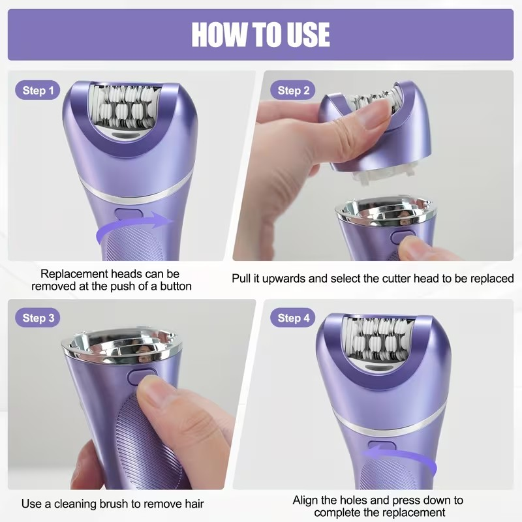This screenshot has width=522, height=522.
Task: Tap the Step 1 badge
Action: (38, 91)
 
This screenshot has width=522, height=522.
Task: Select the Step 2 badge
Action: (294, 91)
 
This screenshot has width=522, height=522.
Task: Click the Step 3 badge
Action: (38, 318)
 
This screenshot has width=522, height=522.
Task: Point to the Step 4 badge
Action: (294, 318)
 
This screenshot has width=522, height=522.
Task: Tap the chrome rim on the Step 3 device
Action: (121, 349)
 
